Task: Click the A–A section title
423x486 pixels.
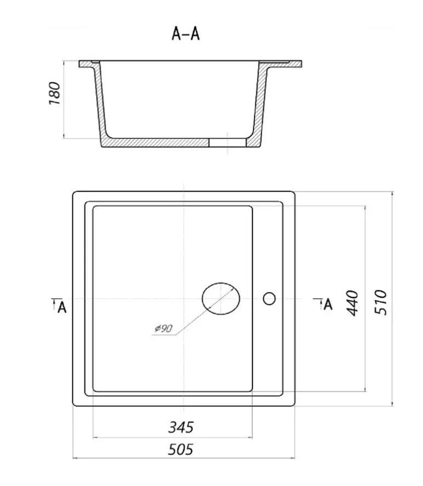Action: click(x=186, y=33)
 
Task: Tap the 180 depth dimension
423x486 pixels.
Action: click(x=55, y=93)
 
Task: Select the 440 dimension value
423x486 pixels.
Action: click(x=352, y=303)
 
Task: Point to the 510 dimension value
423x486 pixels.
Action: click(x=381, y=302)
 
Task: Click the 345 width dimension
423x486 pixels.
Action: click(x=181, y=427)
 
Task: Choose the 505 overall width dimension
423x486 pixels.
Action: click(x=180, y=449)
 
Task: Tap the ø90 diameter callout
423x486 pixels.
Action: click(x=163, y=328)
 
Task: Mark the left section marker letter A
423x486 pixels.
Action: click(x=62, y=307)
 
